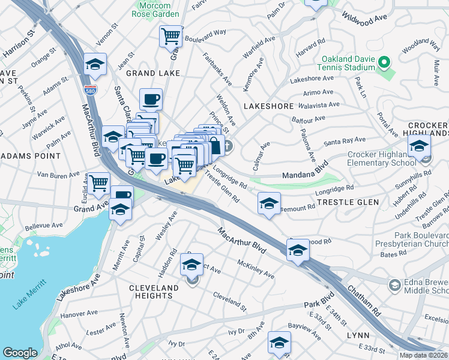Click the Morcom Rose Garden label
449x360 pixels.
pos(155,9)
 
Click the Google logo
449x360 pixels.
pos(20,353)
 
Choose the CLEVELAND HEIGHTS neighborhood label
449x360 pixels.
pos(154,292)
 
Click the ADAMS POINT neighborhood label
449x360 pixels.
pos(31,155)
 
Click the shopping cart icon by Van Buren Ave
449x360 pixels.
pos(99,182)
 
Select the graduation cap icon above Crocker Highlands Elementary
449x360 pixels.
pos(418,145)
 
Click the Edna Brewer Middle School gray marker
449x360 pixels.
pos(395,284)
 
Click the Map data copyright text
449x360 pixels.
pos(423,355)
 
